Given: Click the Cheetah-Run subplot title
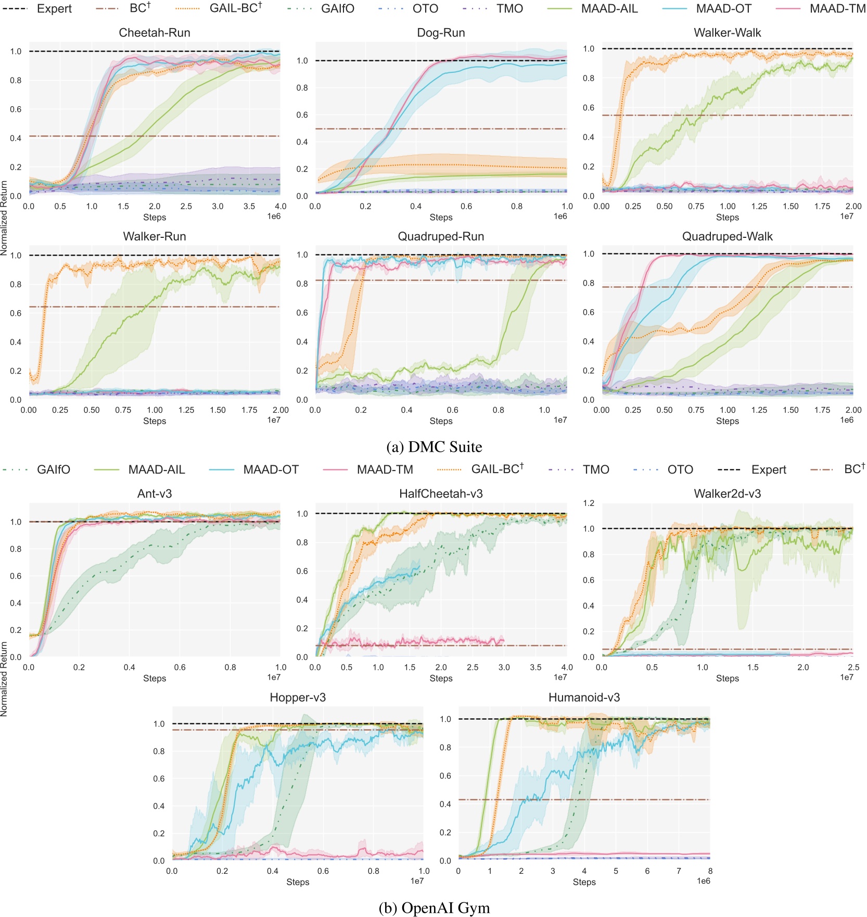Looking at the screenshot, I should [155, 33].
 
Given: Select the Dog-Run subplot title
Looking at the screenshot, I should [441, 33].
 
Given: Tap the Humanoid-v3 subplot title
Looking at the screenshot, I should [584, 697].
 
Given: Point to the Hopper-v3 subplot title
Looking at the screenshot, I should [298, 697].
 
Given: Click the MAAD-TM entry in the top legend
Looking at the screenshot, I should [837, 9].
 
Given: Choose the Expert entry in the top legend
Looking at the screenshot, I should [54, 9].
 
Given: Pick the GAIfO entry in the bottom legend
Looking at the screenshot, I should [53, 469].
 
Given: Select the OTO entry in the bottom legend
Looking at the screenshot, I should [680, 469].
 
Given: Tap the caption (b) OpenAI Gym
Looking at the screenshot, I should [434, 908].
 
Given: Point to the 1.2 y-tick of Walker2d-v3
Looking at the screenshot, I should [589, 503].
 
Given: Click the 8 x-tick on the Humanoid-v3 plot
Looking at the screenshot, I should [710, 871].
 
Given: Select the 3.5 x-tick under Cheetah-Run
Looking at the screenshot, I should [249, 207].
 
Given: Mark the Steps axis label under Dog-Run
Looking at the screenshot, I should [441, 218].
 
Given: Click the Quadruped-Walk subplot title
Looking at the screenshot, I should [727, 237].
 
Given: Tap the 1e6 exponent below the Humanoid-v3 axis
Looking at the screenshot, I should [703, 881].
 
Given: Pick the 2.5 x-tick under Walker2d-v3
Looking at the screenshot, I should [853, 667].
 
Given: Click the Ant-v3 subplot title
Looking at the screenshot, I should [155, 494].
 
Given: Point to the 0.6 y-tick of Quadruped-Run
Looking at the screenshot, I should [302, 313].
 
